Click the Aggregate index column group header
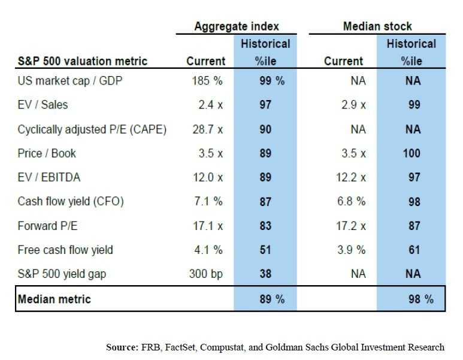237,26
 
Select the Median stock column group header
377,26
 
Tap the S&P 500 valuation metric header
82,61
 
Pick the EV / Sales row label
43,105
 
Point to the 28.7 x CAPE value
205,129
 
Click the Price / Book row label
47,153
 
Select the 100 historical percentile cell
411,153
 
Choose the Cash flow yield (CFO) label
71,202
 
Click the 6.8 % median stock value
352,202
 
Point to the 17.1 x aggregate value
206,226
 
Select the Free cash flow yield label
65,250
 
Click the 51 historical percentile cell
265,250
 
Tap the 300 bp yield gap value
205,274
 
